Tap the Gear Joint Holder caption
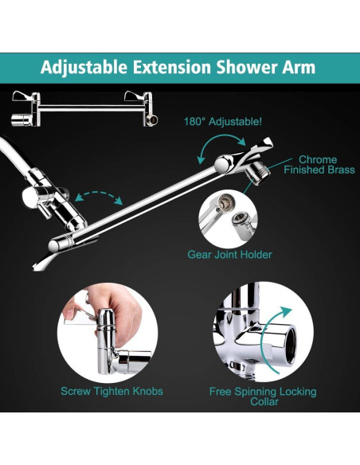(x=230, y=255)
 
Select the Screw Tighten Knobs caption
(x=112, y=391)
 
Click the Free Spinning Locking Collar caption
(x=263, y=397)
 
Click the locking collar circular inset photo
(x=263, y=334)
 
